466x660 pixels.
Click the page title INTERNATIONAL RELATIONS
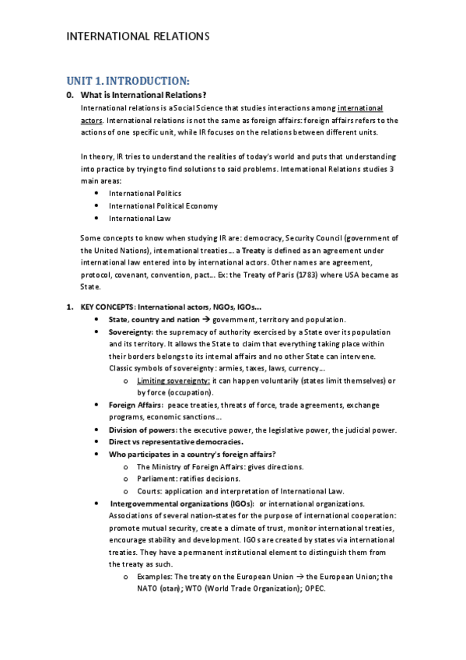138,36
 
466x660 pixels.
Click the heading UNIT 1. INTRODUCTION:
128,81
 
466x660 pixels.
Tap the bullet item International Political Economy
163,206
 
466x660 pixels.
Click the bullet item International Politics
145,193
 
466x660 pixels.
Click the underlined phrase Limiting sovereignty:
173,381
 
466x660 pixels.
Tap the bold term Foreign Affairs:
135,405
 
